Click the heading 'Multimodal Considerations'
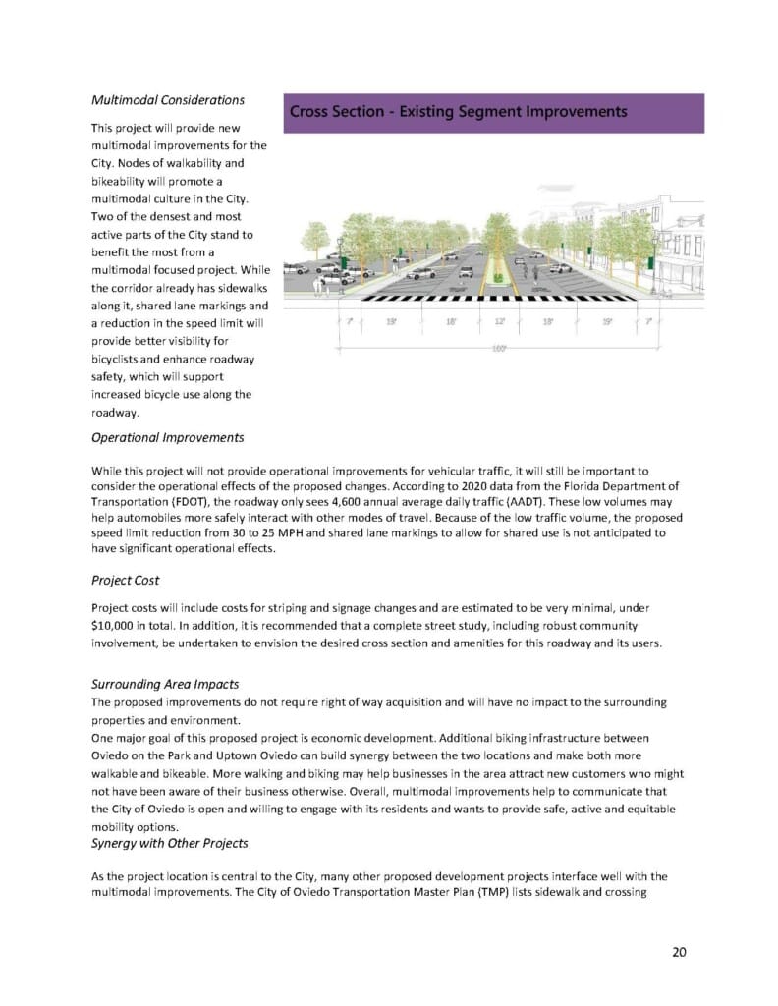tap(168, 100)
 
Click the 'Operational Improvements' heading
tap(167, 437)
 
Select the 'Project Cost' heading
tap(125, 580)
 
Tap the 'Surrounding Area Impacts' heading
tap(164, 684)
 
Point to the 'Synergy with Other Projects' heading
tap(169, 844)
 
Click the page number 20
tap(679, 951)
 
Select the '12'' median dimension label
tap(498, 321)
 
